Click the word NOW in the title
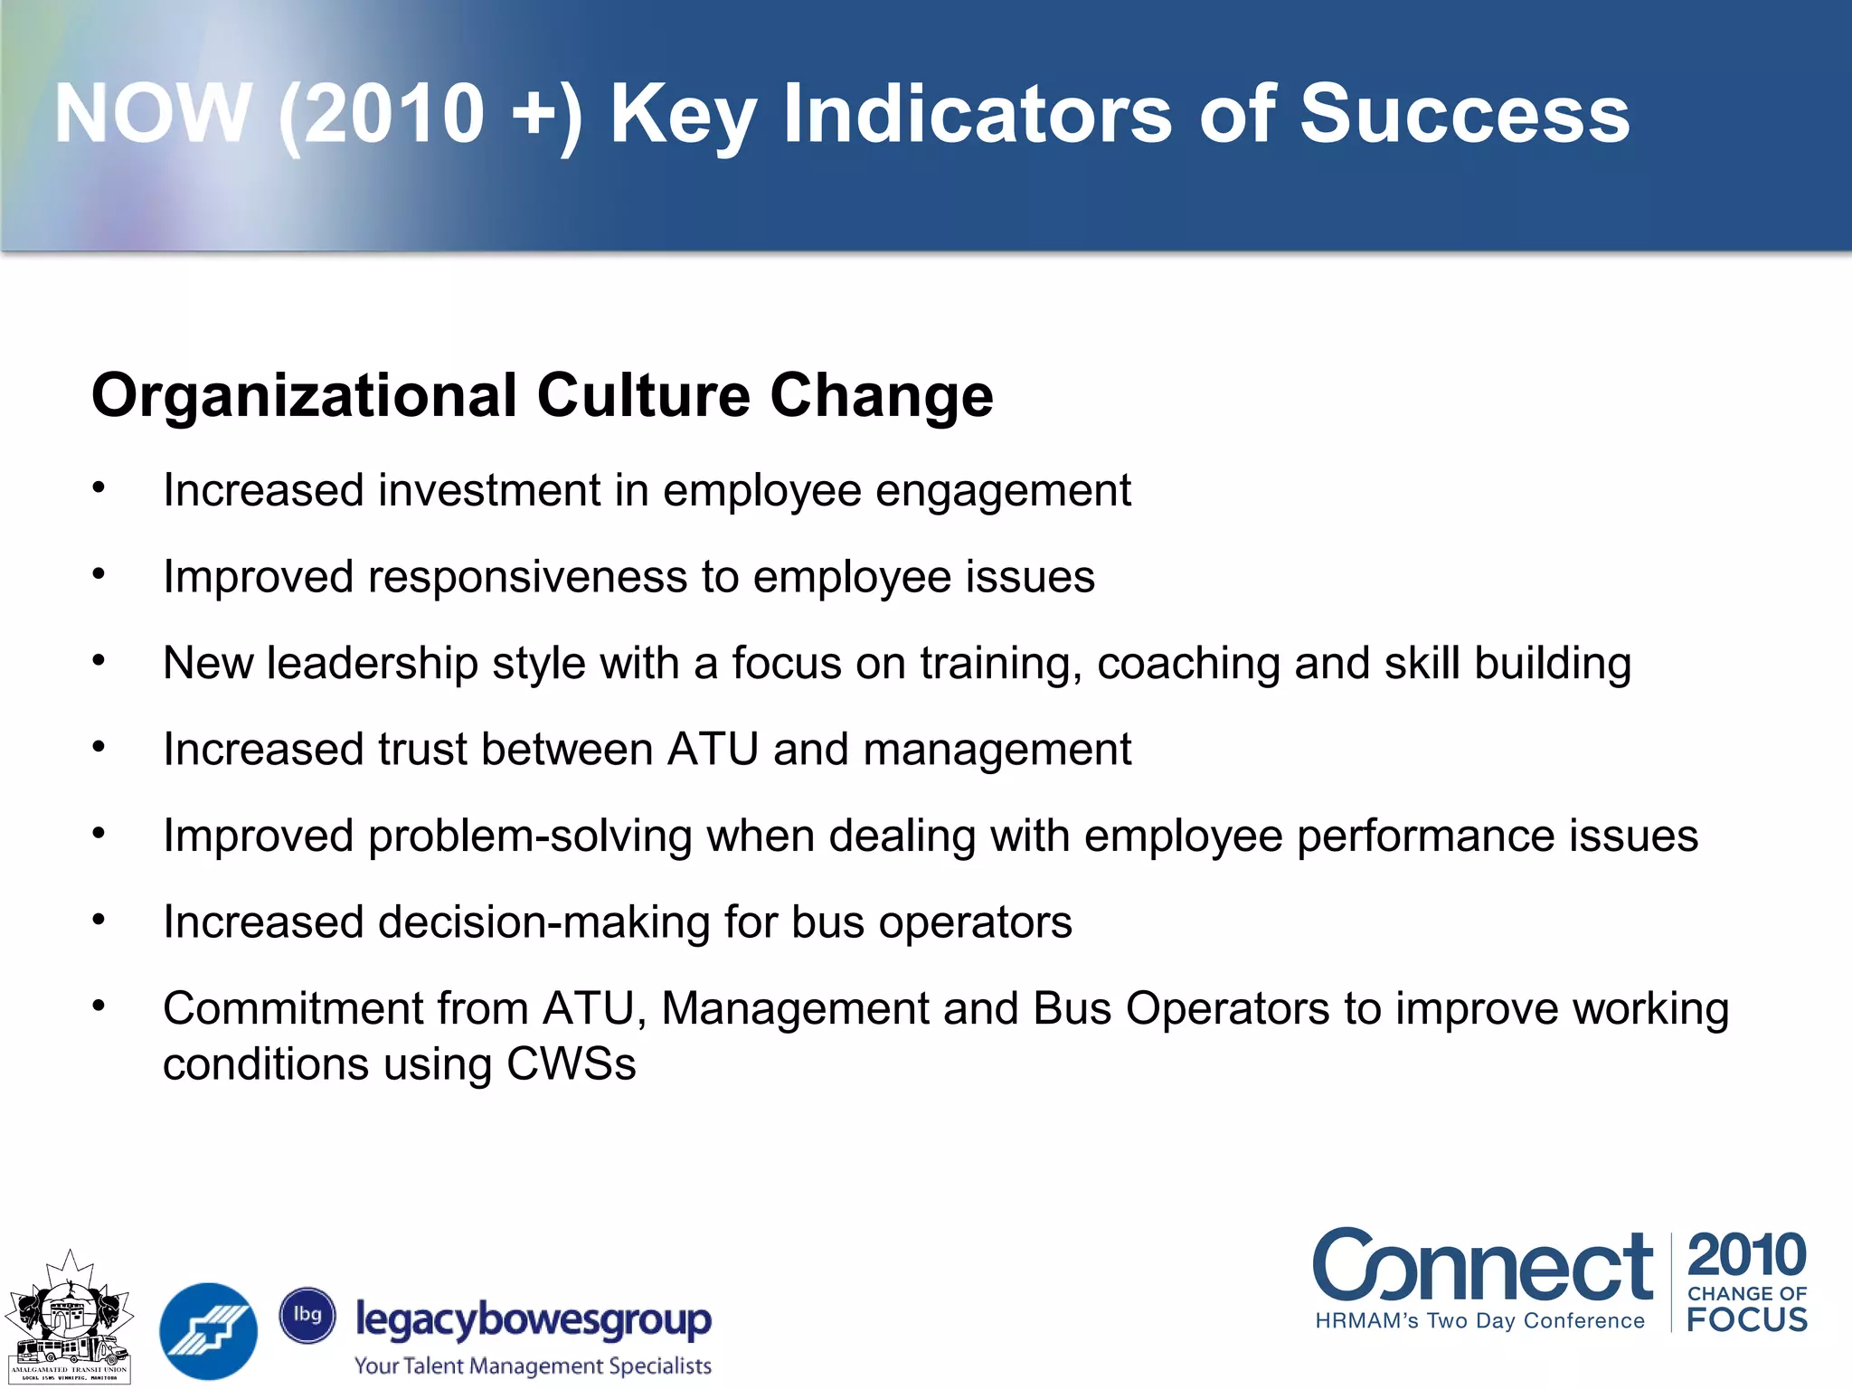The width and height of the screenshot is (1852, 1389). point(152,114)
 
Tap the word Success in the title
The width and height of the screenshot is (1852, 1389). point(1464,114)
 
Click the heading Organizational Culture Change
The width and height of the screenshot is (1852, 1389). point(542,396)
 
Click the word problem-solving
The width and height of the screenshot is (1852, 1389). point(530,836)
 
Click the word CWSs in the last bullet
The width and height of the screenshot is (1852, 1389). point(571,1064)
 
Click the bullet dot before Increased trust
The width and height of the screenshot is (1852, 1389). point(99,747)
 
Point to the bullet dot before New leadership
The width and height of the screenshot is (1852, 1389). point(99,661)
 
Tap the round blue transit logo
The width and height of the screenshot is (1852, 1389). point(208,1330)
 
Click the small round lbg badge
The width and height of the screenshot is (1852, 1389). point(307,1315)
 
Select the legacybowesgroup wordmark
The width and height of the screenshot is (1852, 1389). point(534,1320)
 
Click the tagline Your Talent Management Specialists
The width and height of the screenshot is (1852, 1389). point(533,1365)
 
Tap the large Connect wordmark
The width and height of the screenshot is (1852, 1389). point(1482,1266)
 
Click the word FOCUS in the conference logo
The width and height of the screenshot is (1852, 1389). point(1746,1319)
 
